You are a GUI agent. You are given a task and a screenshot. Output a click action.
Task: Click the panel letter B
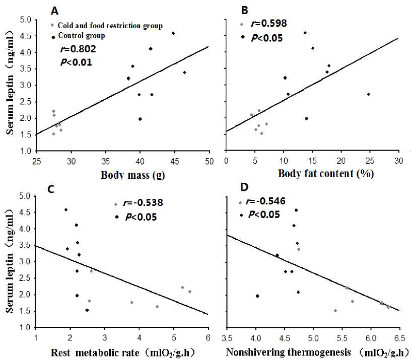point(245,10)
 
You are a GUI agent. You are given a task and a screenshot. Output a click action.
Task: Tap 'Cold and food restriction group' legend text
point(110,26)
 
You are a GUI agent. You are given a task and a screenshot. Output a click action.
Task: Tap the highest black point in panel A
point(173,33)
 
